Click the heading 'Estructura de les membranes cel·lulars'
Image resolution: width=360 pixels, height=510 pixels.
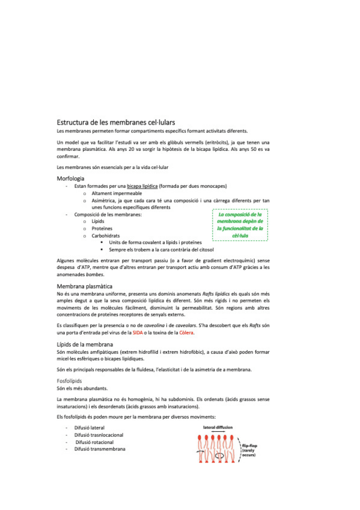click(115, 121)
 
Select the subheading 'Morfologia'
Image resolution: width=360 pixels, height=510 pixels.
click(70, 179)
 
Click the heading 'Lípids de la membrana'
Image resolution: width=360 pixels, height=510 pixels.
click(87, 343)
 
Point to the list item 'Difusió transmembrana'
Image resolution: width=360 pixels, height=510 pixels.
click(100, 449)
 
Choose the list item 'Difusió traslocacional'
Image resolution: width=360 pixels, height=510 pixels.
click(99, 435)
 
